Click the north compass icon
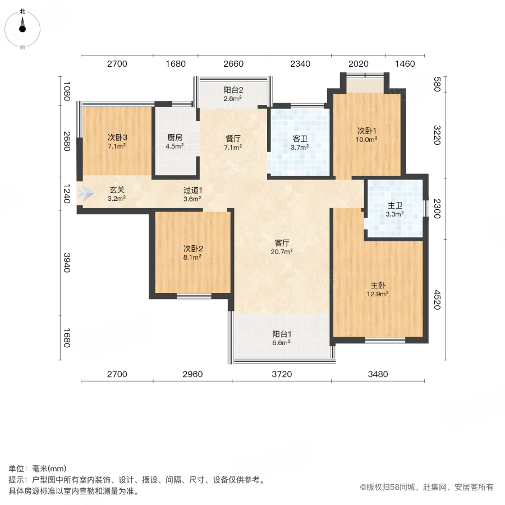pyautogui.click(x=22, y=27)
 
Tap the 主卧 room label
pyautogui.click(x=379, y=285)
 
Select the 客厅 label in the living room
pyautogui.click(x=282, y=243)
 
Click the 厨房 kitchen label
pyautogui.click(x=175, y=137)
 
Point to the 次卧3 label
pyautogui.click(x=118, y=137)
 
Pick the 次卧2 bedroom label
pyautogui.click(x=192, y=249)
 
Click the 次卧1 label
pyautogui.click(x=368, y=131)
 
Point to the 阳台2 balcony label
pyautogui.click(x=233, y=90)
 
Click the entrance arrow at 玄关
pyautogui.click(x=85, y=194)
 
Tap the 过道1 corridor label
pyautogui.click(x=192, y=190)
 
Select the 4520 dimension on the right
pyautogui.click(x=437, y=300)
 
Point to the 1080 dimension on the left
pyautogui.click(x=66, y=91)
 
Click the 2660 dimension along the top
pyautogui.click(x=233, y=64)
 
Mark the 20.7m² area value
pyautogui.click(x=282, y=252)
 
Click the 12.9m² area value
pyautogui.click(x=379, y=293)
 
